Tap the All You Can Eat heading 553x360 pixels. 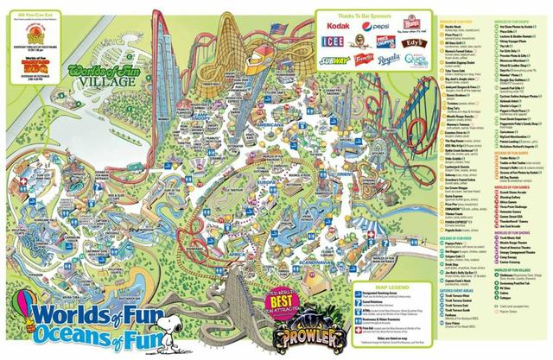(35, 14)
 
